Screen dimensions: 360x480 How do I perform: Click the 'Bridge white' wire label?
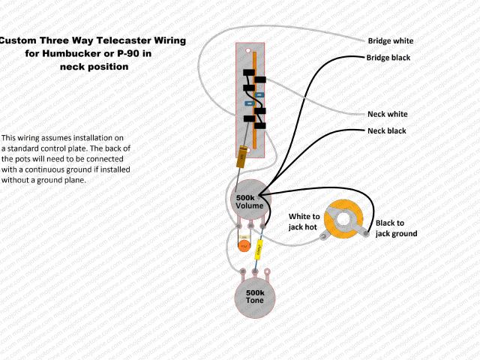(390, 40)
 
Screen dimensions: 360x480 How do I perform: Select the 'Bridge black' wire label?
(388, 58)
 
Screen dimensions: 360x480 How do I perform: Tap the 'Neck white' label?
(387, 114)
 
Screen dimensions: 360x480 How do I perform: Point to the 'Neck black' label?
(386, 130)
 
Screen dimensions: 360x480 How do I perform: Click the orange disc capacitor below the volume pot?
(244, 244)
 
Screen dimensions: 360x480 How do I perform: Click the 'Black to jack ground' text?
(396, 228)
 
